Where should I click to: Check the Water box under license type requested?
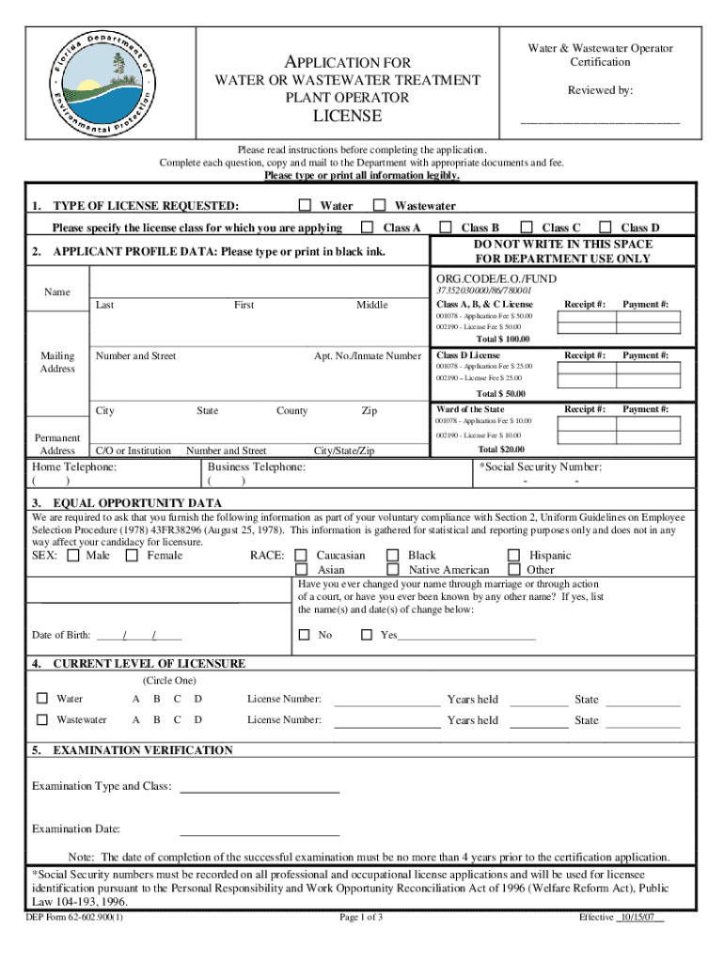(305, 205)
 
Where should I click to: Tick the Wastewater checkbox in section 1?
(379, 205)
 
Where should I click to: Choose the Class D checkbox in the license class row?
(606, 228)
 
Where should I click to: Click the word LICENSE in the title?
(347, 117)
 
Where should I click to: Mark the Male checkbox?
(72, 555)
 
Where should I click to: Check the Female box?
(131, 555)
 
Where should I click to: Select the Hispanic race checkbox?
(513, 555)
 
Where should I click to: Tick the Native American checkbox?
(393, 569)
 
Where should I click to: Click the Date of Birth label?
(61, 635)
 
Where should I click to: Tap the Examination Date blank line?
(259, 833)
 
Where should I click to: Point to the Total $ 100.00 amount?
(502, 339)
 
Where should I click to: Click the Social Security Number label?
(541, 466)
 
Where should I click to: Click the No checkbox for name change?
(304, 635)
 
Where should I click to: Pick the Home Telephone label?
(74, 466)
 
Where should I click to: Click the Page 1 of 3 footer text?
(361, 918)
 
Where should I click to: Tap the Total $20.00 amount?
(500, 450)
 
